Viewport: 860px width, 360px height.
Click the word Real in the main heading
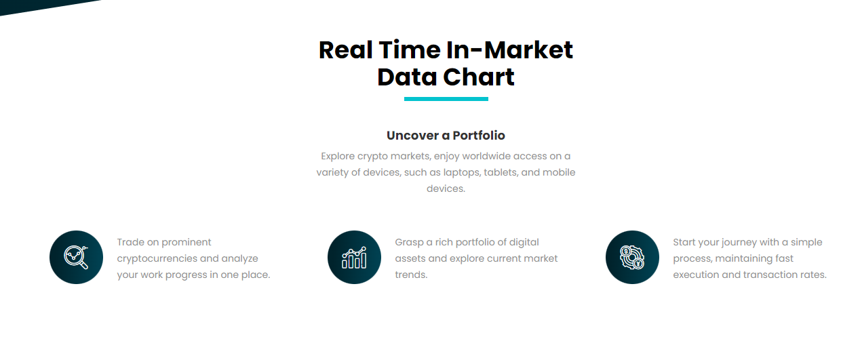(345, 50)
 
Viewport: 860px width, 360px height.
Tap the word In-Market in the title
(509, 50)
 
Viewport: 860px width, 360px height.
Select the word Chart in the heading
(479, 77)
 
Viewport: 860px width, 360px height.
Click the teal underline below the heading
(446, 99)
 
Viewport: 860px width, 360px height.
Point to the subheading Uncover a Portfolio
(446, 136)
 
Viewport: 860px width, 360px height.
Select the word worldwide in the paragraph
(486, 156)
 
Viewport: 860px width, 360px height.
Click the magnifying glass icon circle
(77, 257)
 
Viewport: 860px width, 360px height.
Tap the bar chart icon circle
(354, 257)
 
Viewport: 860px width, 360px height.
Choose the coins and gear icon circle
(632, 257)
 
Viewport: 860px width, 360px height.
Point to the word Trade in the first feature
(130, 242)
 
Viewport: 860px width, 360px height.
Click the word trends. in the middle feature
(411, 275)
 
